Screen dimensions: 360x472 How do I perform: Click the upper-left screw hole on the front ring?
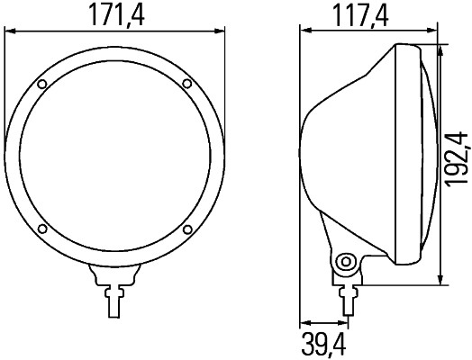point(42,85)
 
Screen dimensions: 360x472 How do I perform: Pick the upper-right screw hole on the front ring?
point(186,85)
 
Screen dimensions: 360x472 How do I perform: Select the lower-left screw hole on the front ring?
point(42,229)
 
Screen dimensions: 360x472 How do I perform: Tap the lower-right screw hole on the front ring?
point(186,229)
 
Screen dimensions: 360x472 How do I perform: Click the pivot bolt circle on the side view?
point(343,263)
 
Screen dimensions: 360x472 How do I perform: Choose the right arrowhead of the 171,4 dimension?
point(219,31)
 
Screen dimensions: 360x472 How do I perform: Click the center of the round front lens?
point(113,157)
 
